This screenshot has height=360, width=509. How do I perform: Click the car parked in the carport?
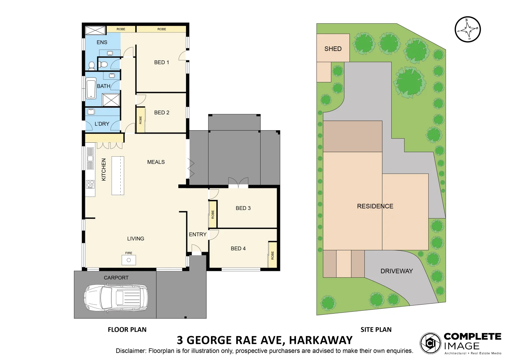click(116, 298)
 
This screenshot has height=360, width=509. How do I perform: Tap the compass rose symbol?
click(468, 29)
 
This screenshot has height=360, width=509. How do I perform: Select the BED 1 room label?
click(161, 62)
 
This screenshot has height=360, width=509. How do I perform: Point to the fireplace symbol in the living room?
click(129, 260)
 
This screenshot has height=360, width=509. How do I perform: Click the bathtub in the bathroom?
click(91, 88)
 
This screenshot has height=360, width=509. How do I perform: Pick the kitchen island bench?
click(118, 176)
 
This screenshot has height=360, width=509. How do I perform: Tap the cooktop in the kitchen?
click(90, 184)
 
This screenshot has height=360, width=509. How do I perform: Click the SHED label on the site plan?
click(333, 49)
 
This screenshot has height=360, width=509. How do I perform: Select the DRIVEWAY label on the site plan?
click(396, 271)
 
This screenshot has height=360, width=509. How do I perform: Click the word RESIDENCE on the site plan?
click(375, 206)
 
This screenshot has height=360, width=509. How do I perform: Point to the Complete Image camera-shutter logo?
click(430, 343)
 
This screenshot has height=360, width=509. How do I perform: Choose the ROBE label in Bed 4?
click(272, 256)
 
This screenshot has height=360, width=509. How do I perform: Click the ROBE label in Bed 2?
click(140, 120)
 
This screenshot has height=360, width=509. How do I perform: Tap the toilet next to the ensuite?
click(103, 64)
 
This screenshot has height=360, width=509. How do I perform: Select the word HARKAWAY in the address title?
click(321, 340)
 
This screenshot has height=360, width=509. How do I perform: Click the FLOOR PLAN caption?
click(127, 330)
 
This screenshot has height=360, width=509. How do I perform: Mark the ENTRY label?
click(198, 234)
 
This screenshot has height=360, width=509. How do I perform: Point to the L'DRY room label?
click(102, 124)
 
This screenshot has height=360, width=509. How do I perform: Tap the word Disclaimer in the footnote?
click(130, 351)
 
